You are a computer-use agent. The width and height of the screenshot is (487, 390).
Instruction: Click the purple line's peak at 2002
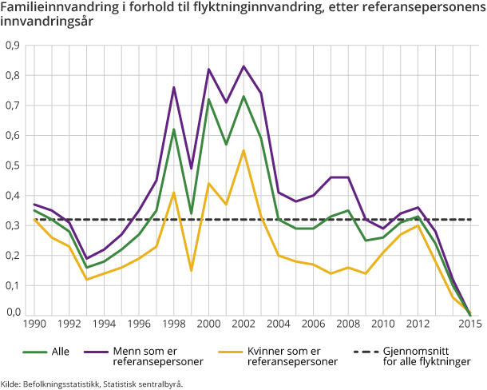tap(243, 66)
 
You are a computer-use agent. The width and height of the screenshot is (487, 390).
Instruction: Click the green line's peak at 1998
tap(174, 129)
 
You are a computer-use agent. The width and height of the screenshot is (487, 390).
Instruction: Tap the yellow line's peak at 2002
tap(243, 150)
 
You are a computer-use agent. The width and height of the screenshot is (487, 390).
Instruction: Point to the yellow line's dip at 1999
tap(192, 270)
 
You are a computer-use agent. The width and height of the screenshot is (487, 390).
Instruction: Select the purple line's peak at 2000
tap(209, 70)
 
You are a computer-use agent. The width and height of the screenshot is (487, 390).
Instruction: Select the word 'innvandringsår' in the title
tap(43, 22)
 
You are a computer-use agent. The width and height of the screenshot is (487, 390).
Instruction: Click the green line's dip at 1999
tap(192, 213)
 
